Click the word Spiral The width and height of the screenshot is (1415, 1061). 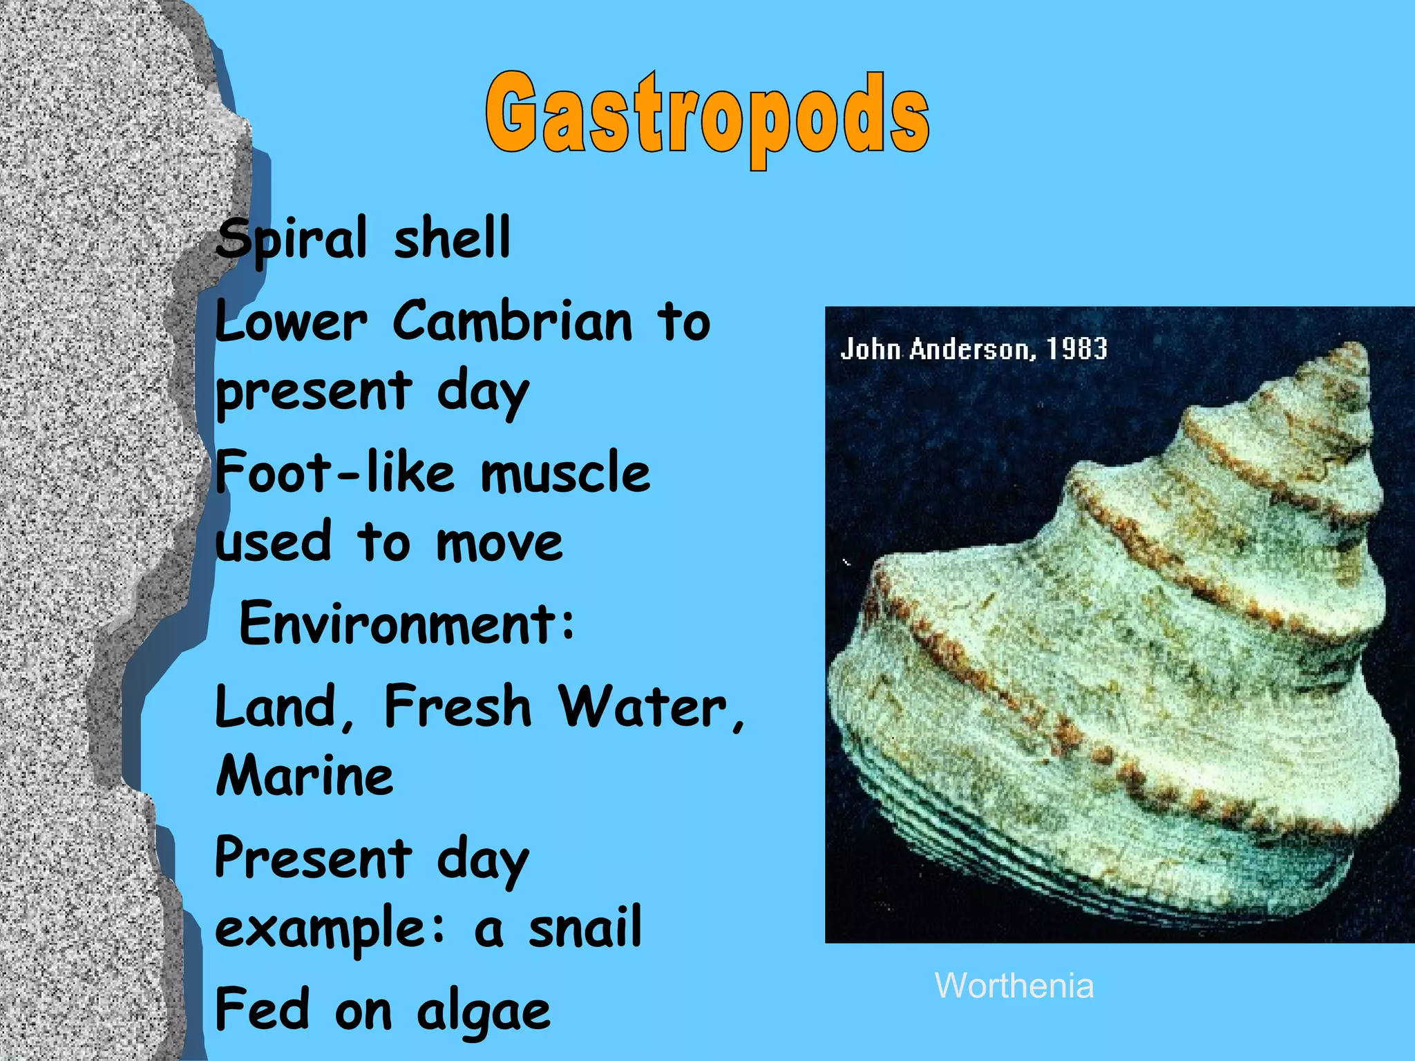point(291,239)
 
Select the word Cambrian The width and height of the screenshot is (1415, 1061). point(512,321)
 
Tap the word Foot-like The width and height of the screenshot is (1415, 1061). point(335,472)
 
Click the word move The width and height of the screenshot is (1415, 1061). point(499,542)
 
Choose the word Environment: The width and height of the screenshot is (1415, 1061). point(406,623)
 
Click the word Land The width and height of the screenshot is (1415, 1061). point(284,706)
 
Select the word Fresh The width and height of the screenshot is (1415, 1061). point(457,706)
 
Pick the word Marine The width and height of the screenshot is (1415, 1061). point(305,775)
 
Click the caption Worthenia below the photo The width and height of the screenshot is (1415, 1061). point(1014,985)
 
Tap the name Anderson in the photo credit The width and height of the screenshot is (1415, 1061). point(973,349)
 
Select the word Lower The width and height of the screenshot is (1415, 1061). point(291,321)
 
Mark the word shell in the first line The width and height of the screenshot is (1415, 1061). point(452,239)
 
